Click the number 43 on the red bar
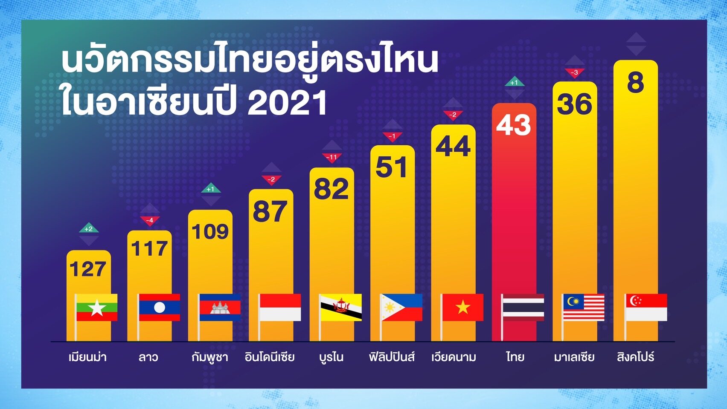tap(513, 125)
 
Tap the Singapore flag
tap(646, 307)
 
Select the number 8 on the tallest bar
tap(635, 83)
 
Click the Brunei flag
tap(341, 307)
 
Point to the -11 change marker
tap(332, 158)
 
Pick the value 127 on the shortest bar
tap(88, 269)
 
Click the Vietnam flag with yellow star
tap(462, 307)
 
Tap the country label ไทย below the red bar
tap(515, 357)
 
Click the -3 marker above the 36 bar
tap(574, 73)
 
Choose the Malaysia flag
tap(584, 307)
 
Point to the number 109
tap(210, 232)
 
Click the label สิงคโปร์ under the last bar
tap(635, 357)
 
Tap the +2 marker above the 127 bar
tap(89, 228)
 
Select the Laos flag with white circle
tap(160, 307)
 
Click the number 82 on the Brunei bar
tap(332, 189)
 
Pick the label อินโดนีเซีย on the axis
tap(270, 357)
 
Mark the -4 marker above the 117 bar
tap(150, 221)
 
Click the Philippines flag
tap(401, 307)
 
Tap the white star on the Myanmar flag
tap(97, 308)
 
